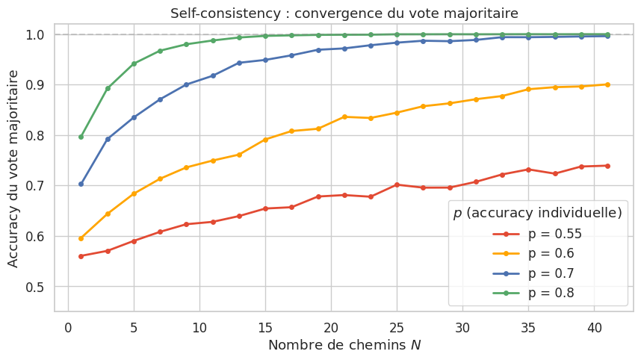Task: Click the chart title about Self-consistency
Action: pos(344,13)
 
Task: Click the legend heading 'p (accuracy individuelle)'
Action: pos(537,213)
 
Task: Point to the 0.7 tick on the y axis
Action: pos(35,186)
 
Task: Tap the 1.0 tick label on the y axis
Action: pos(35,34)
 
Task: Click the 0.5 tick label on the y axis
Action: pos(35,287)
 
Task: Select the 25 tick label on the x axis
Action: pos(397,327)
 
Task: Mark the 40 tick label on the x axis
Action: pos(594,327)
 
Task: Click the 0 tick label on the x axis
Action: pos(68,327)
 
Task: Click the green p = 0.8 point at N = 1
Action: pos(81,137)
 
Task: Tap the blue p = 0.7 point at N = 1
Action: pos(81,184)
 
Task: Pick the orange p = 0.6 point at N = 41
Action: pos(607,84)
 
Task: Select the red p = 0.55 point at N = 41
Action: pos(607,166)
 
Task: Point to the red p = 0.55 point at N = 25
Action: pos(397,184)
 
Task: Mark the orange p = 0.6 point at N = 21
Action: pos(344,117)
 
